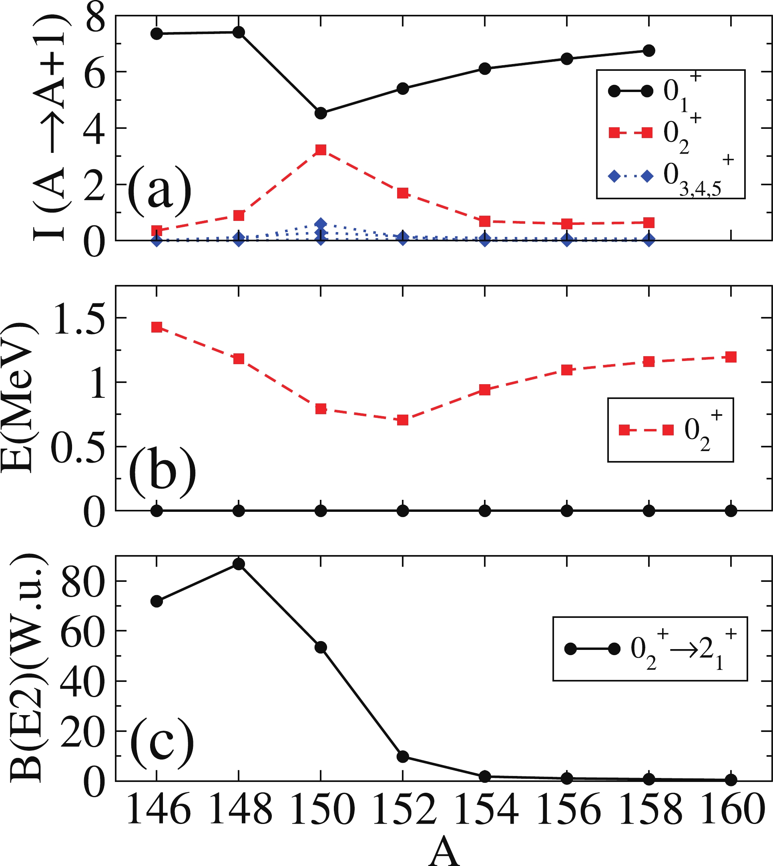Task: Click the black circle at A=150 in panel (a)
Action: tap(321, 113)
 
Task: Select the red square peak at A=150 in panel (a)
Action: tap(321, 150)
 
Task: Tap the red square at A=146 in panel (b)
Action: tap(157, 327)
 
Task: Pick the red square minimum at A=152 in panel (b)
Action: tap(403, 420)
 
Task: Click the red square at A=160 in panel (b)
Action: tap(731, 357)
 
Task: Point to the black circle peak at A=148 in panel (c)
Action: tap(239, 564)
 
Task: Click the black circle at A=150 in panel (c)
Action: tap(321, 647)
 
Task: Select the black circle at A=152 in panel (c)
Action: tap(403, 757)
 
